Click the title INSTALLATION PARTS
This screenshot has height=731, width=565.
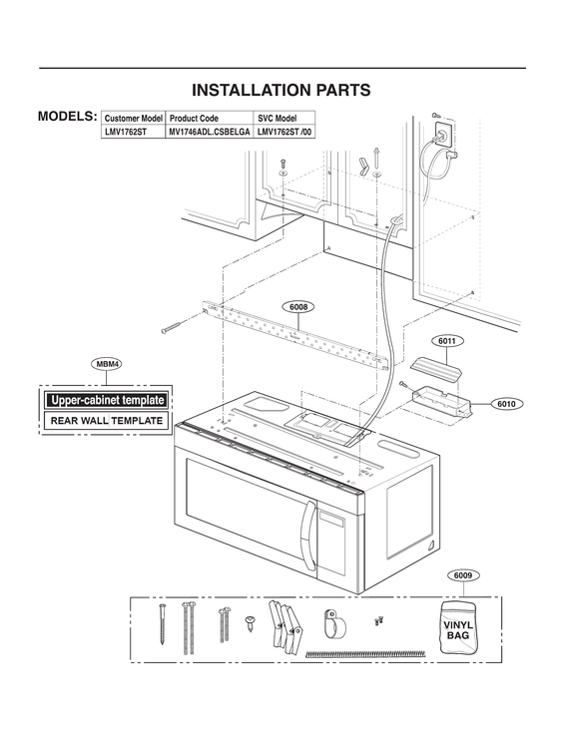[282, 90]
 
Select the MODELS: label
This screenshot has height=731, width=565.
[67, 116]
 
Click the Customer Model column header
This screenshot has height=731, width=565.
[133, 118]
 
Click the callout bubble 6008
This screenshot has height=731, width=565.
[299, 307]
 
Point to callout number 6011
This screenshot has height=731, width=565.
[448, 341]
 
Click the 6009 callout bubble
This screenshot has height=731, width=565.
[461, 575]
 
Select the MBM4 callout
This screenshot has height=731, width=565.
[107, 365]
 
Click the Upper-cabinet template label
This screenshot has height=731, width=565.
[107, 400]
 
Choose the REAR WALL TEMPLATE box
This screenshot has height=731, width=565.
[107, 421]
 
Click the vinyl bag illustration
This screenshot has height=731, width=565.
[458, 626]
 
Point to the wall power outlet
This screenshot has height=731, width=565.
[438, 131]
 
